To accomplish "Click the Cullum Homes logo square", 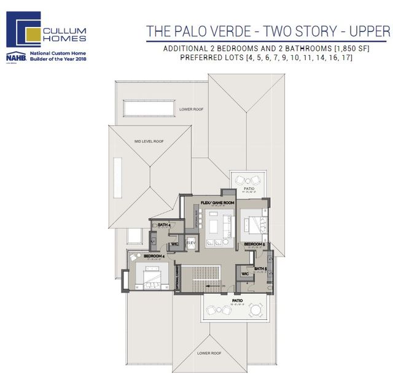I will [x=23, y=30].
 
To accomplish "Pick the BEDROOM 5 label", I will [x=255, y=244].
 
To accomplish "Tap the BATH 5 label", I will [x=260, y=268].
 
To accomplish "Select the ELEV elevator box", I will [x=190, y=243].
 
